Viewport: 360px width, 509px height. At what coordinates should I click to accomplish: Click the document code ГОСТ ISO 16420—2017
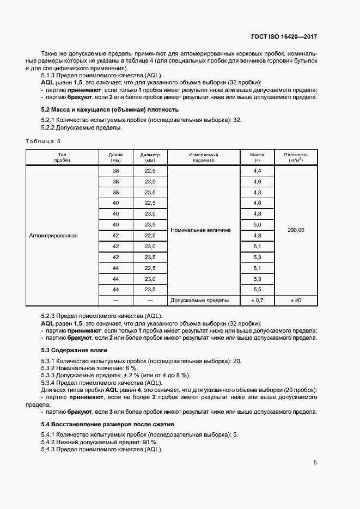pos(284,37)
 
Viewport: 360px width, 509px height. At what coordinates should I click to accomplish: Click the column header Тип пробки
pos(62,157)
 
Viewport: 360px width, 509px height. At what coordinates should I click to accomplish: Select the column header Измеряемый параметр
pos(203,157)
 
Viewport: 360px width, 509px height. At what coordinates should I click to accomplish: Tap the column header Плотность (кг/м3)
pos(296,157)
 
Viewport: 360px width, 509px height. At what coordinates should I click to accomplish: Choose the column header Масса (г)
pos(257,157)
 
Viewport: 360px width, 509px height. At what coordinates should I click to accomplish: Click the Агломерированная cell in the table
pos(53,236)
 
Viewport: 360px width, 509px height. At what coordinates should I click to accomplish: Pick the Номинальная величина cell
pos(200,230)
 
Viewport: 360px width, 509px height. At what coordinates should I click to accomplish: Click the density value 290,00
pos(296,230)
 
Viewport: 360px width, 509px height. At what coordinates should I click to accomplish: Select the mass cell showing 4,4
pos(257,171)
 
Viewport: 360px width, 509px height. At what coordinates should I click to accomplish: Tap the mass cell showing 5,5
pos(257,289)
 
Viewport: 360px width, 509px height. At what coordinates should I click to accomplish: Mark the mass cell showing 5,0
pos(257,224)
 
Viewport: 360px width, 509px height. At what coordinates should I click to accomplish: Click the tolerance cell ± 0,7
pos(257,300)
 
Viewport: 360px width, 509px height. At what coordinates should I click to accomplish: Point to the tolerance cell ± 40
pos(296,300)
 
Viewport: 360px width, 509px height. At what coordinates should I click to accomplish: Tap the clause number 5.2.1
pos(48,120)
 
